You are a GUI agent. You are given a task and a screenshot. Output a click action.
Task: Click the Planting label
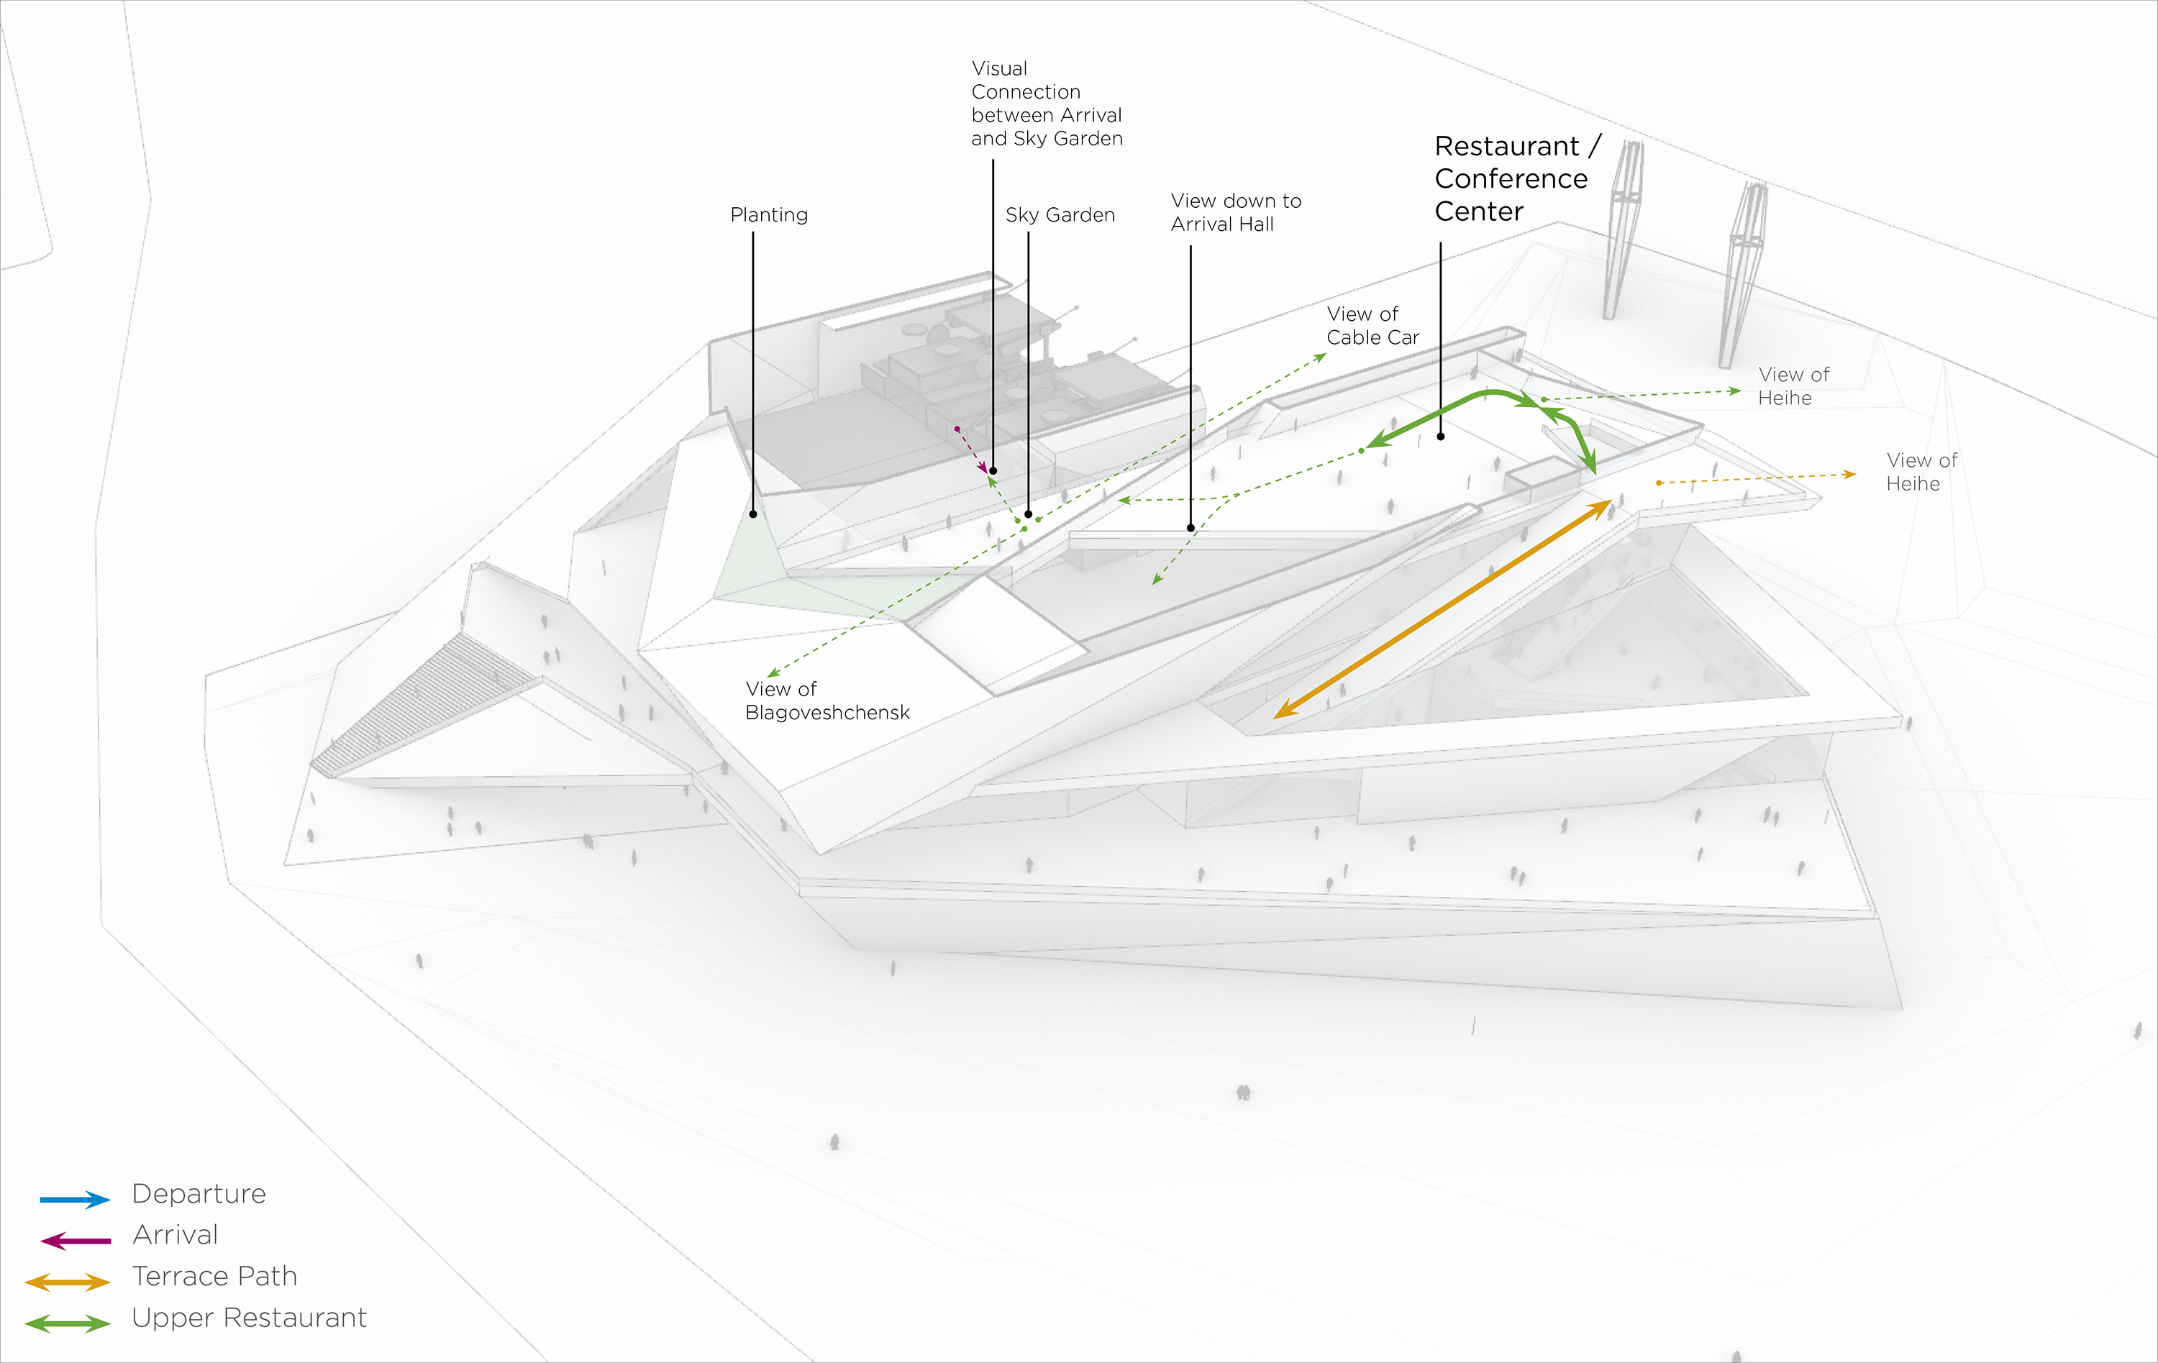click(x=769, y=215)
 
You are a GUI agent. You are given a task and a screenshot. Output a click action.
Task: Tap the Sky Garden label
click(x=1060, y=215)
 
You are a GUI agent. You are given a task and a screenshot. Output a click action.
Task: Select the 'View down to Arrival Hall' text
click(x=1235, y=212)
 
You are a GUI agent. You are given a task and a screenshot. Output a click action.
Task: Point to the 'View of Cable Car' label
click(x=1372, y=325)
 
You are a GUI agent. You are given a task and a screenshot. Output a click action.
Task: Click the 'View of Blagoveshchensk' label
click(x=827, y=701)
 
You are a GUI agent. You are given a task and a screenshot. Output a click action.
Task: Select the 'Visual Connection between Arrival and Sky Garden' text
click(x=1046, y=103)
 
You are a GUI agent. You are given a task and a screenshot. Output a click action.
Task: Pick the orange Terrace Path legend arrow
click(x=68, y=1282)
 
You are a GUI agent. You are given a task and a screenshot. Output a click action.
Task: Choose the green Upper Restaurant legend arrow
click(x=68, y=1323)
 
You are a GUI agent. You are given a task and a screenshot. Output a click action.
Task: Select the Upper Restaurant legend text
click(x=249, y=1317)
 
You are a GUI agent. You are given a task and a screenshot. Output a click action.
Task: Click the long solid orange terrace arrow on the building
click(x=1441, y=610)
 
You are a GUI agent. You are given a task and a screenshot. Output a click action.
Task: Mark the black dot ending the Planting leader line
click(x=753, y=514)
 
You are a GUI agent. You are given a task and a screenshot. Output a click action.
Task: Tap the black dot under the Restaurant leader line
click(x=1440, y=437)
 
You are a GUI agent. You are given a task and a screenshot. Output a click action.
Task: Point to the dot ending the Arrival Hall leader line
click(x=1190, y=528)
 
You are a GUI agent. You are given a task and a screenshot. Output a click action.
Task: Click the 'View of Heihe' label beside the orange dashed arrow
click(x=1921, y=473)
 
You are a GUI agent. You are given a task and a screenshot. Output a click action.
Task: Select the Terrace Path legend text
click(x=214, y=1276)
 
